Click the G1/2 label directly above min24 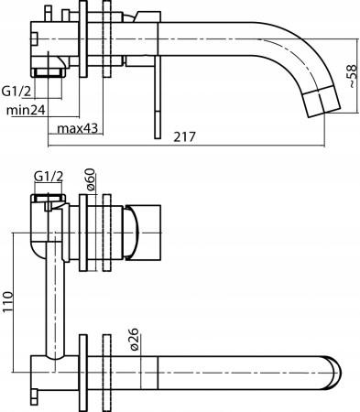coord(18,92)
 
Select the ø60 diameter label coord(90,179)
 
